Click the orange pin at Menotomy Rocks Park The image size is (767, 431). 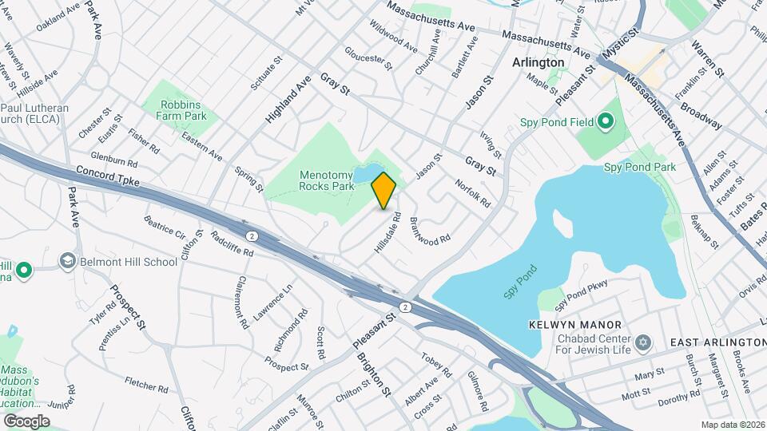pyautogui.click(x=384, y=190)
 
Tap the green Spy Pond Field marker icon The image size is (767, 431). pyautogui.click(x=606, y=122)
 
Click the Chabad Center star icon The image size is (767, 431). pyautogui.click(x=644, y=342)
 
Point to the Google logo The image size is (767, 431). pyautogui.click(x=26, y=421)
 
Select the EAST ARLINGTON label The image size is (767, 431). pyautogui.click(x=717, y=342)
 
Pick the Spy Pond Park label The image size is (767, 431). pyautogui.click(x=639, y=167)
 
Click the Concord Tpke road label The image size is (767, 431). pyautogui.click(x=108, y=176)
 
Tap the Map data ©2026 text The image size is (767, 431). pyautogui.click(x=733, y=425)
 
